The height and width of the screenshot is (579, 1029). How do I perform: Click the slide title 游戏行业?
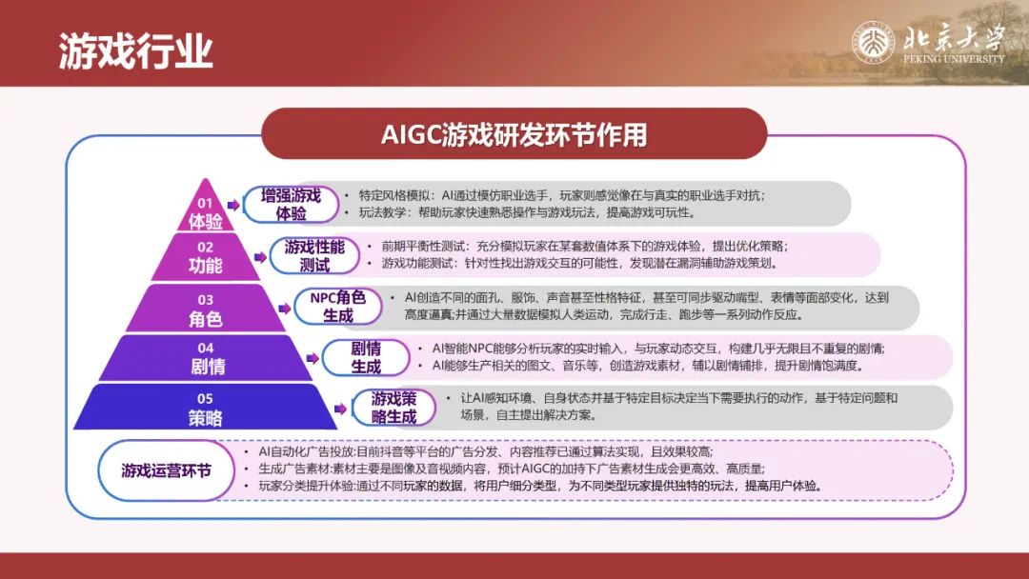pos(136,50)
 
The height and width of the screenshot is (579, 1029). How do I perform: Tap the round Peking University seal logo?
pos(873,43)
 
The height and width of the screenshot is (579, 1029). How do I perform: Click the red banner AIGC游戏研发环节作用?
pos(514,134)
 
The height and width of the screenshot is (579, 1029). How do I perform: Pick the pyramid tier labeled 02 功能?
pos(206,257)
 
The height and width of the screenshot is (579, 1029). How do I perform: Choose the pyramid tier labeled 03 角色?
pos(206,309)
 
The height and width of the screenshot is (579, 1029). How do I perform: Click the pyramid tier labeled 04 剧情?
pos(206,358)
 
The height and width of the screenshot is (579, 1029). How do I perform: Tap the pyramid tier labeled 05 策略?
pos(206,408)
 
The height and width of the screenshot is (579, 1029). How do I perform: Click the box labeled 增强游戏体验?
pos(291,205)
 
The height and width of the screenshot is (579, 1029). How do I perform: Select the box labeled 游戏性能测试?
pos(314,256)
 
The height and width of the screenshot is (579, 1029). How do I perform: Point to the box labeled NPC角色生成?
pos(338,307)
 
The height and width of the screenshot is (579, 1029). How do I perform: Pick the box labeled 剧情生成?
pos(366,357)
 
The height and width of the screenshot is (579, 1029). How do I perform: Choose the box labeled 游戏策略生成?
pos(393,408)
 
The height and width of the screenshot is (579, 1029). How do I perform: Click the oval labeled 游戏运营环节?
pos(166,470)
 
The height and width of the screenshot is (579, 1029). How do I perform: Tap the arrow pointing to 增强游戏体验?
pos(233,206)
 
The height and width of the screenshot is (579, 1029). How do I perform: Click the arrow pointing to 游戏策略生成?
pos(340,409)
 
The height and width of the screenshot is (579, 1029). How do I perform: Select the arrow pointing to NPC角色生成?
pos(284,309)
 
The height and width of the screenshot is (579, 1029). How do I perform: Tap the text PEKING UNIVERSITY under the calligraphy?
pos(954,58)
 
